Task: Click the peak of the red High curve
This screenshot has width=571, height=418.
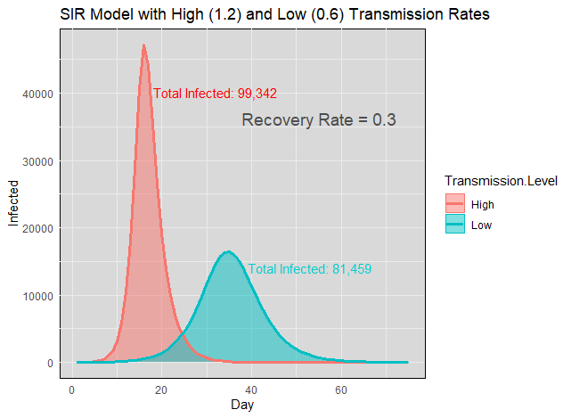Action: [x=143, y=45]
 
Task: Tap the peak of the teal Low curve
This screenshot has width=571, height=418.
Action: [x=228, y=252]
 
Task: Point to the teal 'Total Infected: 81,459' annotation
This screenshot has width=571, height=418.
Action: [x=309, y=268]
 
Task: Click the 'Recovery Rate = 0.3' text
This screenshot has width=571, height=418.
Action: [x=318, y=120]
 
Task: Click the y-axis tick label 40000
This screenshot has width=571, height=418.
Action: [x=37, y=94]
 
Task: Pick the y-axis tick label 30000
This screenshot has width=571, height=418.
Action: [x=37, y=161]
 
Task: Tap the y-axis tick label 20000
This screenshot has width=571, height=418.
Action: [x=37, y=228]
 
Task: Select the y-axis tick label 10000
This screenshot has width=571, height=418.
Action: [x=37, y=296]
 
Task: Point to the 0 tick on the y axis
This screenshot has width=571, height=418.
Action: [x=51, y=364]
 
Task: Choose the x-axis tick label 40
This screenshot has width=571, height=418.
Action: [x=251, y=389]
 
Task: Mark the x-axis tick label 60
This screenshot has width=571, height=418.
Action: [x=341, y=389]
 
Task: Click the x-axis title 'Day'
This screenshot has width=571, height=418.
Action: [x=241, y=405]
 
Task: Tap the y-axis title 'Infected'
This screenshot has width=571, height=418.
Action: [x=13, y=203]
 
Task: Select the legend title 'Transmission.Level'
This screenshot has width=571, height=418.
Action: [x=501, y=182]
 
